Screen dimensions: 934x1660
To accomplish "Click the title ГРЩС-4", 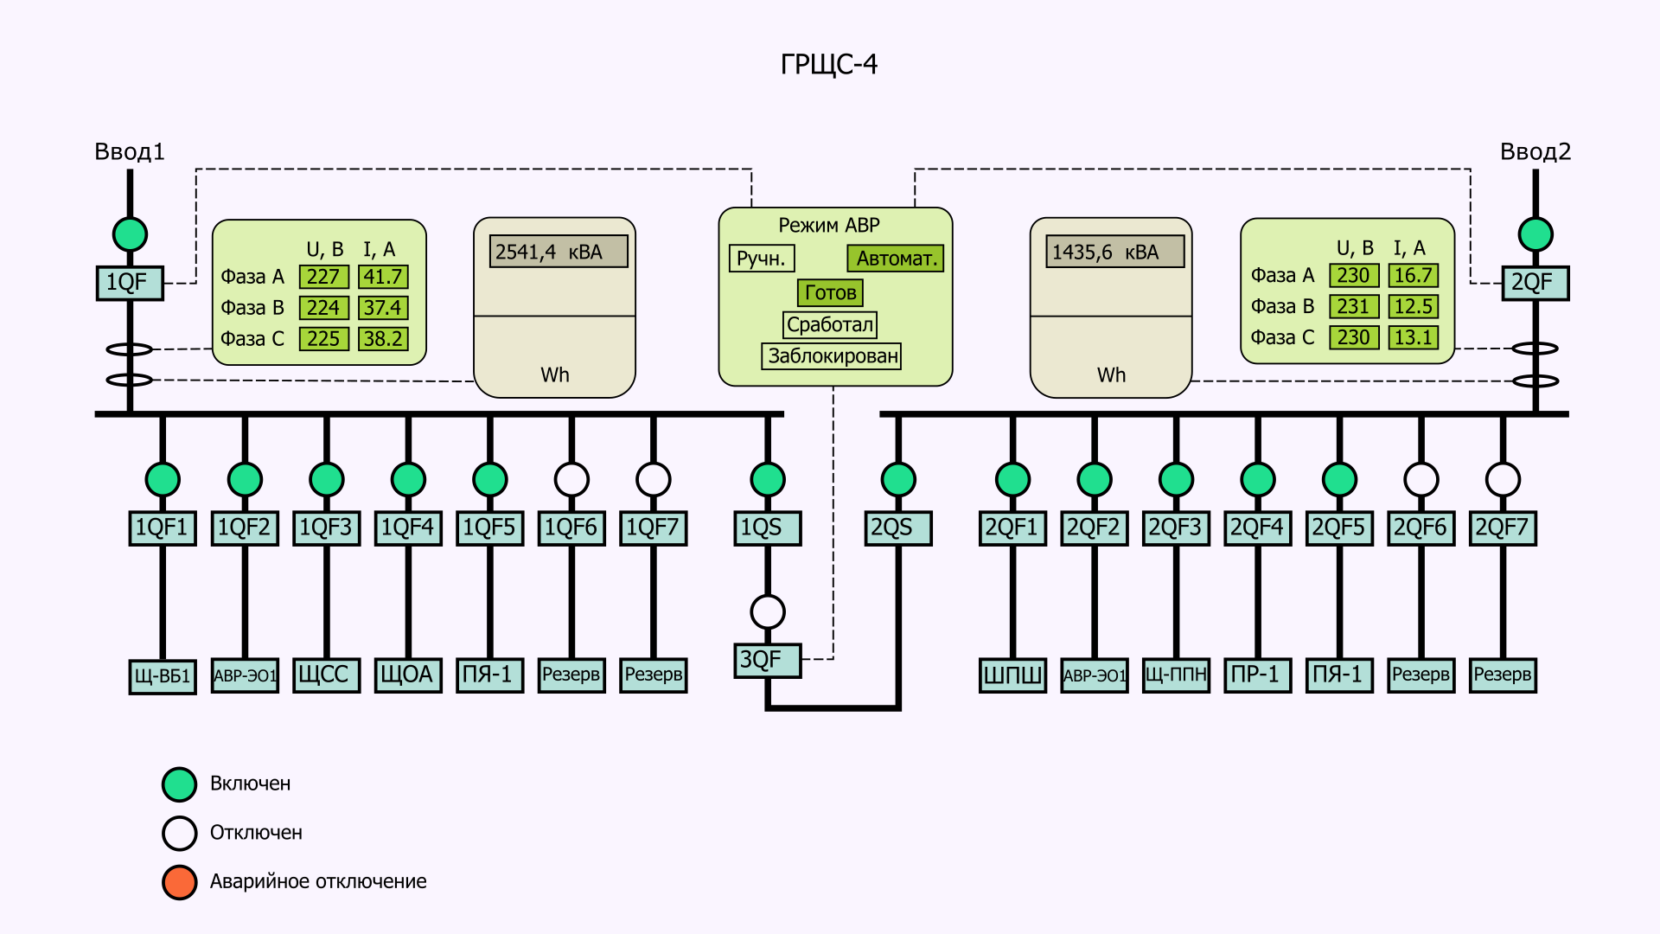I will (x=828, y=65).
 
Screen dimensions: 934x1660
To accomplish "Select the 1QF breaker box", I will (x=130, y=283).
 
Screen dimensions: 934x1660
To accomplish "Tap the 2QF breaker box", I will (x=1535, y=283).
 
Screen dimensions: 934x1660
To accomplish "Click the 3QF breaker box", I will (x=767, y=661).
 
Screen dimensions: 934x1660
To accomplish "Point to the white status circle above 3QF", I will (x=767, y=611).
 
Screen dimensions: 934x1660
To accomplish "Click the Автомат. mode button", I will (x=895, y=259).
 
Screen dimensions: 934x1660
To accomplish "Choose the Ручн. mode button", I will (x=761, y=259).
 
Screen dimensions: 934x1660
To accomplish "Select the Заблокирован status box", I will (x=831, y=356).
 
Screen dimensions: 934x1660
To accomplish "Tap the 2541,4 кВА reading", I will (x=559, y=252).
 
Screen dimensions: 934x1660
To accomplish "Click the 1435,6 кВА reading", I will (x=1114, y=252).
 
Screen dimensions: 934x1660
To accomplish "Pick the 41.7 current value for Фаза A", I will (x=383, y=277).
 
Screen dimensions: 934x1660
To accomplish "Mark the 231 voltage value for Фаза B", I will (x=1353, y=306).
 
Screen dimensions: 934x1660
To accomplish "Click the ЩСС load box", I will (x=326, y=675).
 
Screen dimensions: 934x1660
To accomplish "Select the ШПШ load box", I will (x=1012, y=675).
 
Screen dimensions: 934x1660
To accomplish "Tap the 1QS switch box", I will (x=767, y=528).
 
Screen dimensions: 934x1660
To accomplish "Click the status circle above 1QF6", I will (x=571, y=479).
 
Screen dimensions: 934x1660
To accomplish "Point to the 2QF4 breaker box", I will (x=1257, y=528).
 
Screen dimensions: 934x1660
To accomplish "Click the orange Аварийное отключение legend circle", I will (x=180, y=881).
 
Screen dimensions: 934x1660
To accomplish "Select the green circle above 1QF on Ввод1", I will (x=130, y=233).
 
